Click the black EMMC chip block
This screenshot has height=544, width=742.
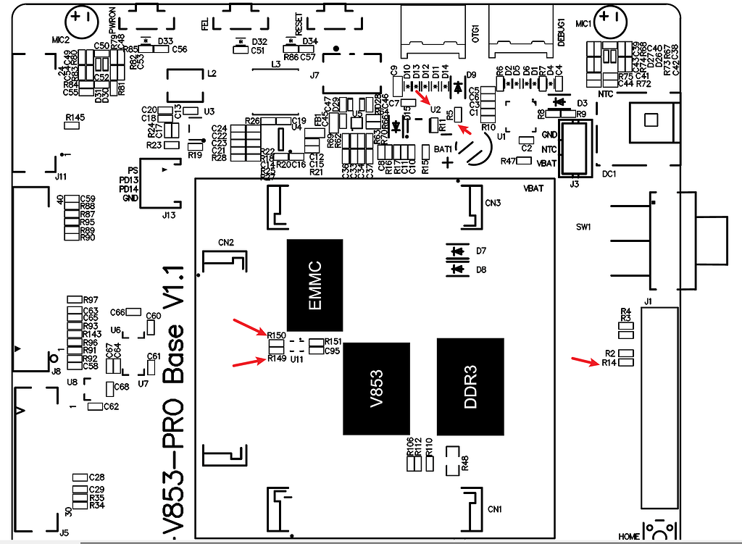[x=314, y=285]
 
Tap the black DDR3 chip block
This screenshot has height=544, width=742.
[x=470, y=388]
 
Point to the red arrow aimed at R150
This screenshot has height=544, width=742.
[x=248, y=326]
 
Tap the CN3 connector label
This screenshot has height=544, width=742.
[x=493, y=203]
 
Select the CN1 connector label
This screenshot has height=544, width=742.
[x=495, y=507]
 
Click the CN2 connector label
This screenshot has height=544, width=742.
[x=225, y=242]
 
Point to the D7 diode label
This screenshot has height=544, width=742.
[x=481, y=251]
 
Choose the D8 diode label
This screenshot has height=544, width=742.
[x=481, y=269]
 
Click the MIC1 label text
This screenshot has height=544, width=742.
[x=584, y=24]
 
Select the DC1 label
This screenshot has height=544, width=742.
[x=609, y=175]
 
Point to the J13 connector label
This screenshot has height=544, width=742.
[x=168, y=214]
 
